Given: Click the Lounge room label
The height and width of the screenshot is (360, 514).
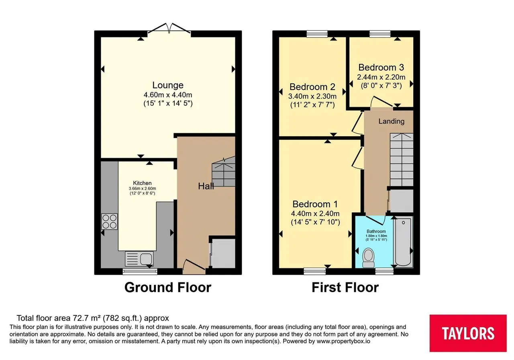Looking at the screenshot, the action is click(168, 85).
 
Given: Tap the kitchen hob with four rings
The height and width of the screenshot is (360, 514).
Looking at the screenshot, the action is click(110, 221).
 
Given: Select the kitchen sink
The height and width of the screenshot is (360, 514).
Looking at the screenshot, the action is click(139, 259).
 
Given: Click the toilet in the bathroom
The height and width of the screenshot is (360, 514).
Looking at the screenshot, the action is click(368, 258).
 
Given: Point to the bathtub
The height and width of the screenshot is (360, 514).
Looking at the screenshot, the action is click(403, 241).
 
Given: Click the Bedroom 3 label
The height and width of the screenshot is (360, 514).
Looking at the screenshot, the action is click(381, 67).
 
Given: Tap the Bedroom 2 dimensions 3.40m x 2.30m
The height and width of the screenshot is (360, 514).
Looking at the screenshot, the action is click(312, 96).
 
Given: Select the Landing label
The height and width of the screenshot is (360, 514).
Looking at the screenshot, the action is click(392, 121).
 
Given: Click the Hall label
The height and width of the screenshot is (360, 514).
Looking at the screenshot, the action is click(206, 186).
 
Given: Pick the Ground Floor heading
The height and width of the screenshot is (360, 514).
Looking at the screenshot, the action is click(168, 287).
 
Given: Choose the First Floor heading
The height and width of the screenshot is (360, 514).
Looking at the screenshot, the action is click(345, 287).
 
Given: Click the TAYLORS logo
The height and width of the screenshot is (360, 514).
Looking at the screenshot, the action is click(468, 333).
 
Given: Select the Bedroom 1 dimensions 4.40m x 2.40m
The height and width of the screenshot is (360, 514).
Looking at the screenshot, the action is click(315, 214).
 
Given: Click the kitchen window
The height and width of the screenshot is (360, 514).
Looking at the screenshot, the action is click(140, 272).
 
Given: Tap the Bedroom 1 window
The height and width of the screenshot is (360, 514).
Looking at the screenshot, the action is click(314, 271).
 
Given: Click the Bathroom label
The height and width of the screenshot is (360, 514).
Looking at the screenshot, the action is click(376, 231).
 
